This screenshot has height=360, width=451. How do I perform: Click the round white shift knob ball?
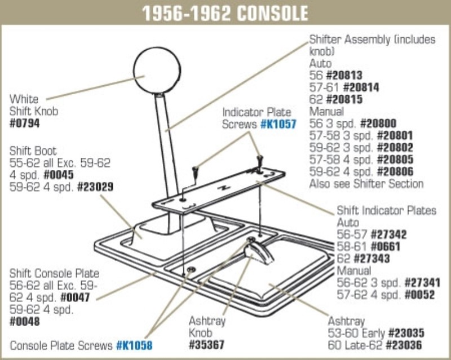pyautogui.click(x=157, y=71)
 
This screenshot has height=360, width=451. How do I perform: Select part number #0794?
pyautogui.click(x=24, y=123)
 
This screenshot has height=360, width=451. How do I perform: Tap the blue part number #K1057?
pyautogui.click(x=278, y=124)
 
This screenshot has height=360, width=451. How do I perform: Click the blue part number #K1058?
pyautogui.click(x=134, y=345)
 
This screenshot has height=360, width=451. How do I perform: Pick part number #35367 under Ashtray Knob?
pyautogui.click(x=206, y=344)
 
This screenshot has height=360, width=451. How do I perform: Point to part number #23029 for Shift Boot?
pyautogui.click(x=95, y=187)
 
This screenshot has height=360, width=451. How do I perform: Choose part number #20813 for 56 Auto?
pyautogui.click(x=344, y=76)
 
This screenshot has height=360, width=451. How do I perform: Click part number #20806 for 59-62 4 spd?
pyautogui.click(x=395, y=172)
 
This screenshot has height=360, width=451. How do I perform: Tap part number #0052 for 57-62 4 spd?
pyautogui.click(x=419, y=295)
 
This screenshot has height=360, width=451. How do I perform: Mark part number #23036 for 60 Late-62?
pyautogui.click(x=404, y=345)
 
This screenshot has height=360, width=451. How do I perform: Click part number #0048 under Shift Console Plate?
pyautogui.click(x=24, y=322)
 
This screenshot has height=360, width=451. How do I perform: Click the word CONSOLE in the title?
pyautogui.click(x=273, y=13)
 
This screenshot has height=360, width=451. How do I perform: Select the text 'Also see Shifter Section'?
pyautogui.click(x=366, y=184)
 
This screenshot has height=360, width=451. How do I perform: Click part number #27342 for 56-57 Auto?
pyautogui.click(x=388, y=234)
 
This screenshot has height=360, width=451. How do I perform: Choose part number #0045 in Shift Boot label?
pyautogui.click(x=59, y=175)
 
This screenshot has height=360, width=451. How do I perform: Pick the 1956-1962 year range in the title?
pyautogui.click(x=188, y=13)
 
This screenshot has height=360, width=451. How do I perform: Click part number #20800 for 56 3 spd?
pyautogui.click(x=378, y=124)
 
